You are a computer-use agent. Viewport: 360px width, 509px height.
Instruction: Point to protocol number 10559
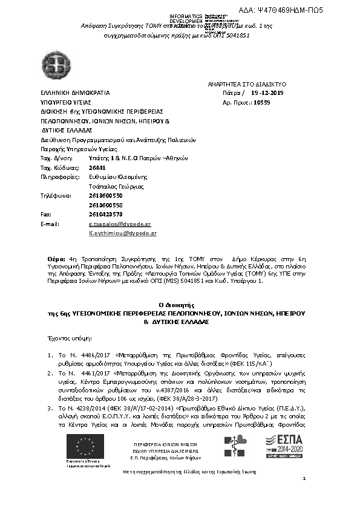(261, 103)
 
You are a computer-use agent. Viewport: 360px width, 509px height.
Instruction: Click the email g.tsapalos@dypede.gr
(120, 224)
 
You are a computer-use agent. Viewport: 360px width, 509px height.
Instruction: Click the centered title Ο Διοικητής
(179, 307)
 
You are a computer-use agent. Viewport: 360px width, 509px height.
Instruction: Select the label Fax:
(45, 214)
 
